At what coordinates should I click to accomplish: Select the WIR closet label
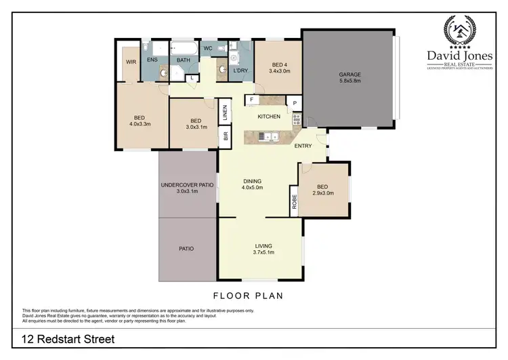click(131, 62)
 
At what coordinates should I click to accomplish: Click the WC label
click(209, 49)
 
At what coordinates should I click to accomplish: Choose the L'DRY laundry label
click(238, 71)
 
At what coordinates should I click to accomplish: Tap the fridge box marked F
click(251, 100)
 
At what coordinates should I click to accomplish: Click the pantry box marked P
click(295, 102)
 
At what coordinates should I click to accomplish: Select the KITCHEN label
click(269, 117)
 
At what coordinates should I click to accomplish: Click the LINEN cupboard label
click(224, 114)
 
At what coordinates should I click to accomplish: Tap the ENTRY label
click(303, 146)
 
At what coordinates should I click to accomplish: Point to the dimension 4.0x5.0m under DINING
click(252, 188)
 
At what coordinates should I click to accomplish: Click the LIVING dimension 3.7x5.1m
click(263, 253)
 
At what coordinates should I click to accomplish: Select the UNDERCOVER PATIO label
click(187, 184)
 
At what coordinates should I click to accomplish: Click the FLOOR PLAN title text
click(248, 296)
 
